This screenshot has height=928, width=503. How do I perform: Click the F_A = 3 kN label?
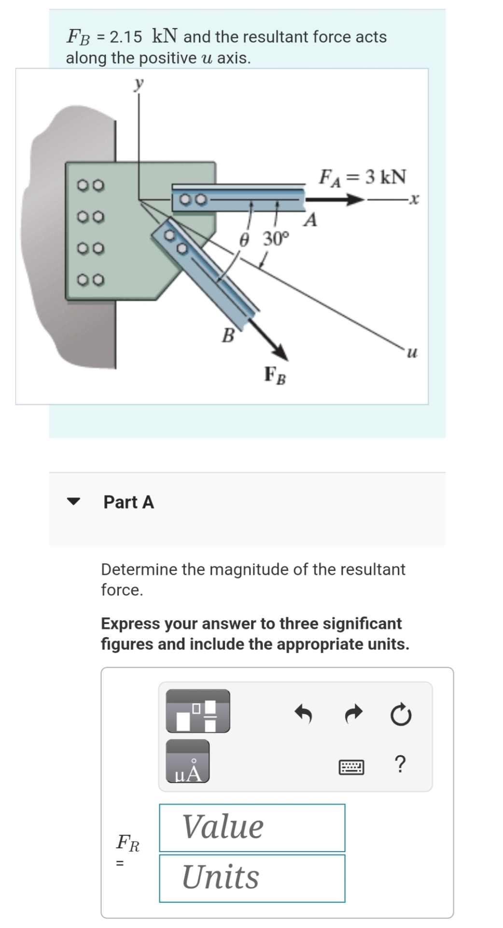pos(363,177)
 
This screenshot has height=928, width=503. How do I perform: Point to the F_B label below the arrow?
pos(275,375)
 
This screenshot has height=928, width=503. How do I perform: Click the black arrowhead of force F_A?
pos(355,199)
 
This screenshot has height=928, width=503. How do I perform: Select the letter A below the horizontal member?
pos(311,221)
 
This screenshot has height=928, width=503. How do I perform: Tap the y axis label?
pos(139,84)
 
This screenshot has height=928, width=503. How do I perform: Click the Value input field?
pos(252,827)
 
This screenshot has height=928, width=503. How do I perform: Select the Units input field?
pos(252,878)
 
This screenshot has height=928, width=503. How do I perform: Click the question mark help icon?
pos(400,765)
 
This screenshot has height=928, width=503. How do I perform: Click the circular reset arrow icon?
pos(401,715)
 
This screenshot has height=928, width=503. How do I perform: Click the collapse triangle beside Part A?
pos(73,502)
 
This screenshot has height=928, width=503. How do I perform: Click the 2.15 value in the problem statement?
pos(126,37)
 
